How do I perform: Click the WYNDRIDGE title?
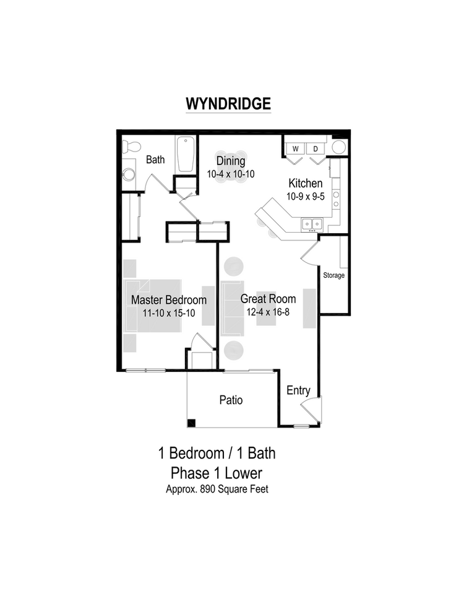[x=228, y=103]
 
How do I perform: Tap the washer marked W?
[x=295, y=148]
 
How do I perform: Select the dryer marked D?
[x=314, y=148]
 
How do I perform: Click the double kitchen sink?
[x=311, y=223]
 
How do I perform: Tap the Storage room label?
[x=333, y=275]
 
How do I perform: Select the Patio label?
[x=231, y=400]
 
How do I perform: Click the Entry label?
[x=298, y=390]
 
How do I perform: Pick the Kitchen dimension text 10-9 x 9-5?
[x=304, y=196]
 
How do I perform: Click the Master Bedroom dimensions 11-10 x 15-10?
[x=168, y=313]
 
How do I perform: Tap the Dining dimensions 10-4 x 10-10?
[x=230, y=174]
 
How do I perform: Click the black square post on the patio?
[x=192, y=423]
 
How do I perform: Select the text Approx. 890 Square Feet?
[x=217, y=489]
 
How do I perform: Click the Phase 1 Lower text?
[x=217, y=473]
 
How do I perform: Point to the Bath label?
[x=155, y=160]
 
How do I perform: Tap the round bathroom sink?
[x=129, y=174]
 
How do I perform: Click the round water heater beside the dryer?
[x=338, y=147]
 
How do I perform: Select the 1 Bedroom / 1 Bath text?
[x=217, y=453]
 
